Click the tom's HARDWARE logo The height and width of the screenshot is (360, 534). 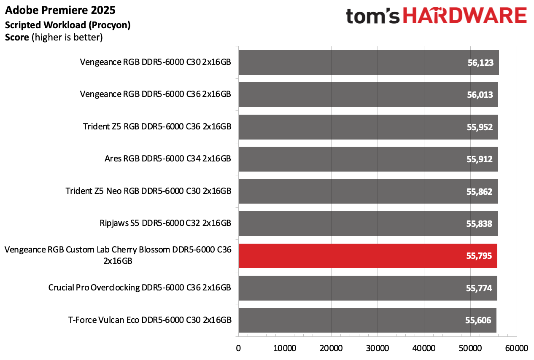[436, 16]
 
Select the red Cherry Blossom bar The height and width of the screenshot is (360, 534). [367, 256]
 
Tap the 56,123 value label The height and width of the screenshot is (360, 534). [480, 63]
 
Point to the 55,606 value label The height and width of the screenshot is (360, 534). [478, 320]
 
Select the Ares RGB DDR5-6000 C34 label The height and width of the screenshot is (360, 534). [167, 159]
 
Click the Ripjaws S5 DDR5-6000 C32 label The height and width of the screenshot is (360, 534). [163, 223]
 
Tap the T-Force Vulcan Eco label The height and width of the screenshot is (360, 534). [150, 320]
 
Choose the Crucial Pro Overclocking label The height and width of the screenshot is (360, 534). [140, 288]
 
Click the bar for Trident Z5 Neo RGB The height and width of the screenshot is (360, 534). [367, 191]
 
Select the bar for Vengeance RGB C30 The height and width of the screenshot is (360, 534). [368, 63]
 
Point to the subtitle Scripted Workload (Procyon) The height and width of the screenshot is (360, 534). [67, 25]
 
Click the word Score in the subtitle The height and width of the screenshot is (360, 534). [17, 38]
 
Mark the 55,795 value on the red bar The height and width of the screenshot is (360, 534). [479, 256]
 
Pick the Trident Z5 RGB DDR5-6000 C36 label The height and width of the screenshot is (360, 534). [157, 127]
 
